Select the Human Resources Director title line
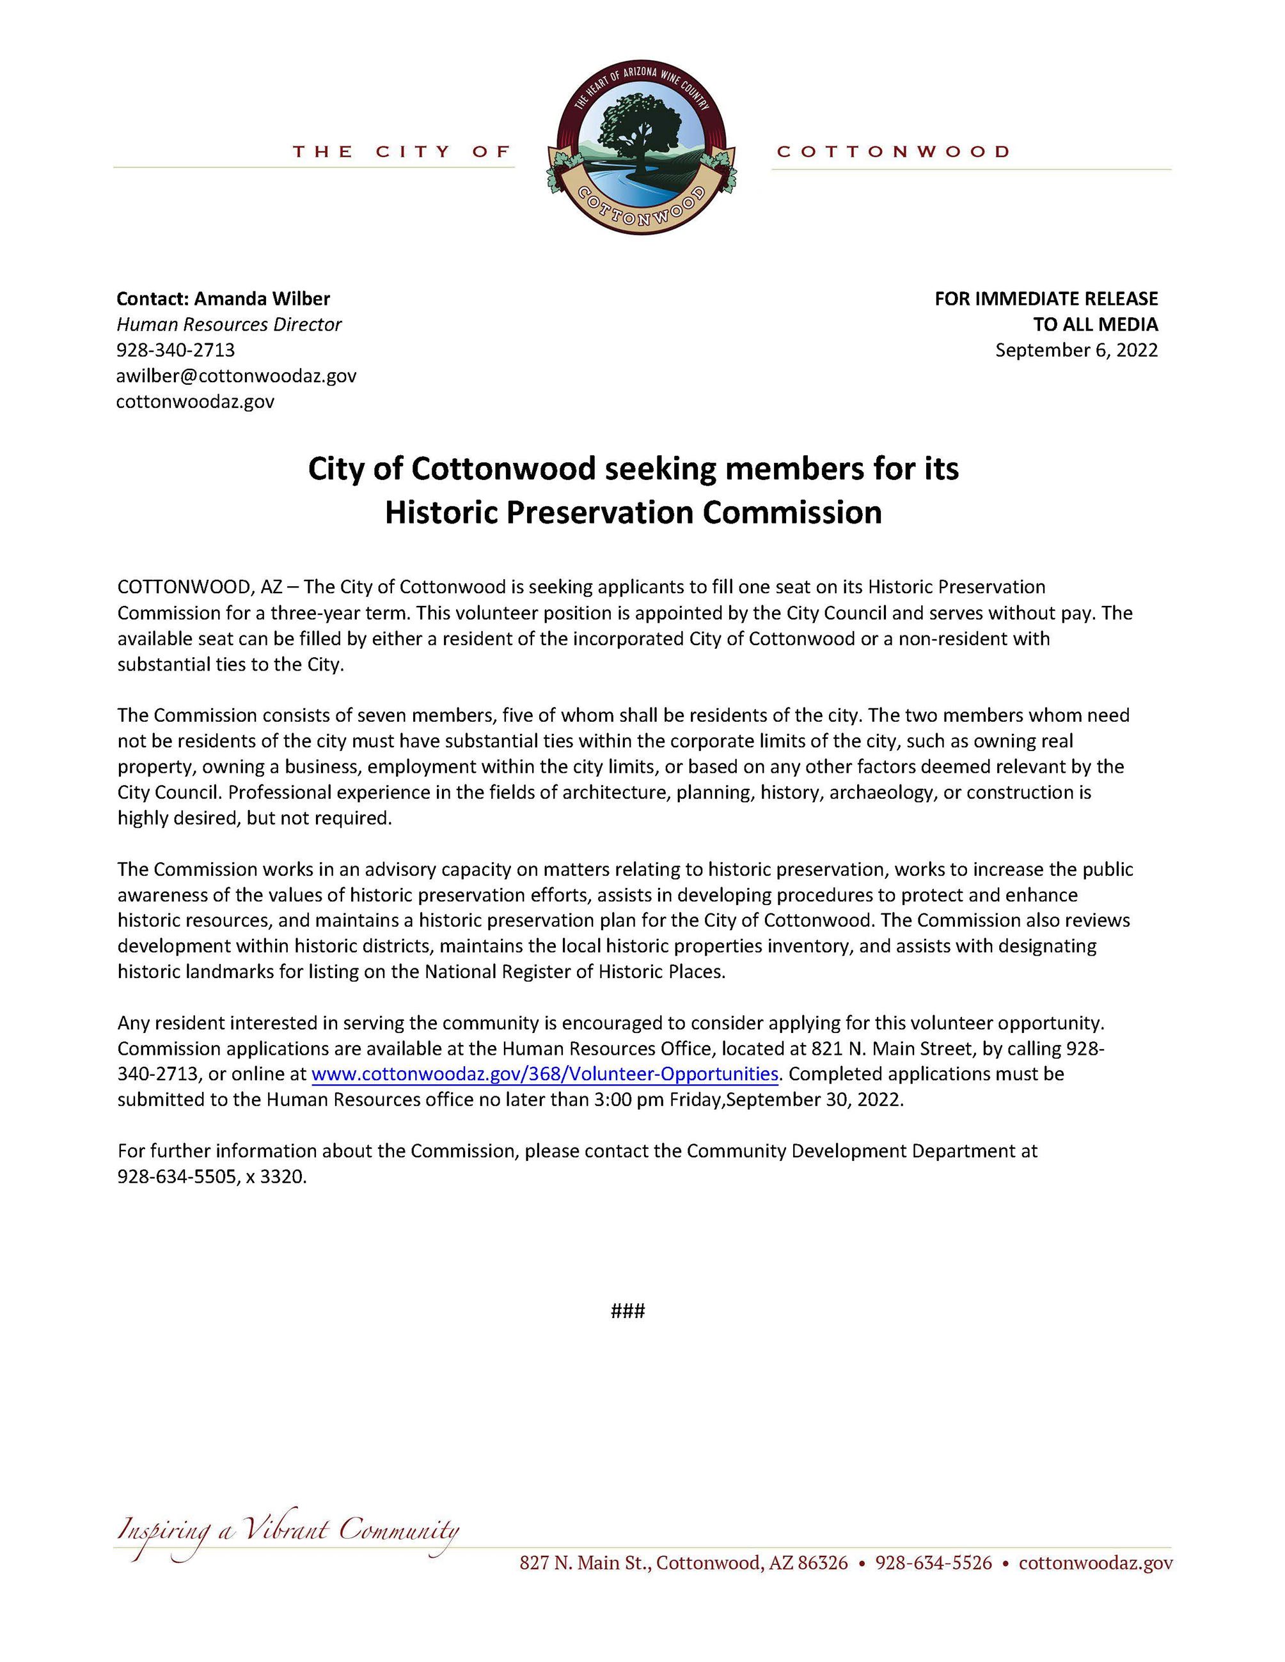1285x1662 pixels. [228, 324]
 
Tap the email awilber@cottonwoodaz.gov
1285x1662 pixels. [236, 375]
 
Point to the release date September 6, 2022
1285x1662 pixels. [1076, 350]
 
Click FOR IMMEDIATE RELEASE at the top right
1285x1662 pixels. [1046, 299]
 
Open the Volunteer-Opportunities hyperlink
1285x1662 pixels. [545, 1074]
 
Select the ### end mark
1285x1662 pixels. [628, 1310]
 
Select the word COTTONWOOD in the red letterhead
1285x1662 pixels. [893, 151]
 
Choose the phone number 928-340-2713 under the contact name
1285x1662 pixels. [175, 350]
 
